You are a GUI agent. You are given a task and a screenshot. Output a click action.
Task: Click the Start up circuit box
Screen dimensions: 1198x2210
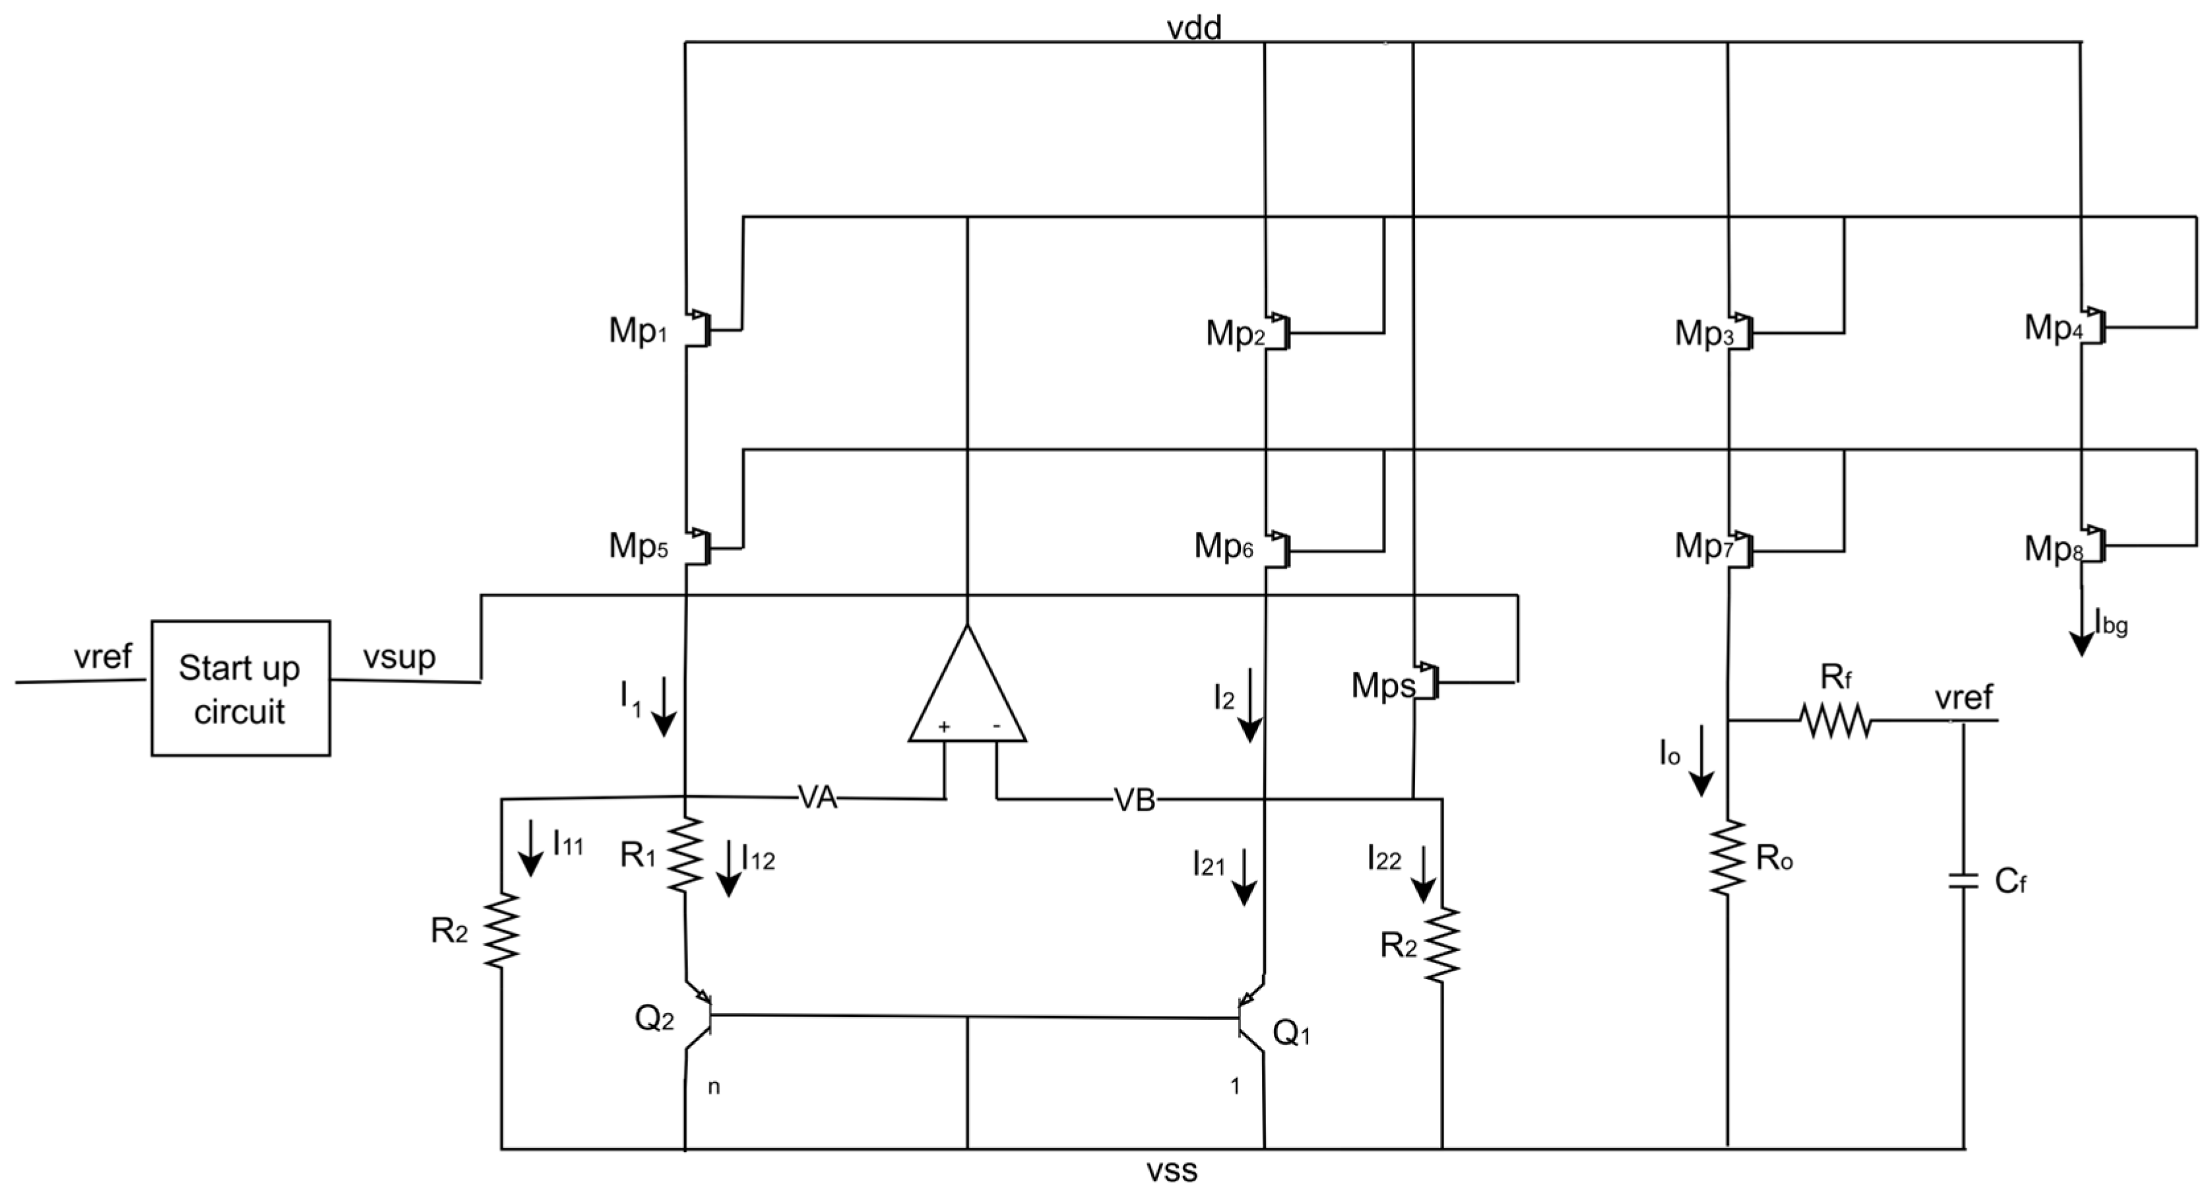point(240,688)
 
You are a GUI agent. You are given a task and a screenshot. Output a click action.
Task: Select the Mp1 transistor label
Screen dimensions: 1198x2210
point(637,331)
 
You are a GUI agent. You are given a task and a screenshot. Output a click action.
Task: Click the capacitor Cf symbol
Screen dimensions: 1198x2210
point(1963,881)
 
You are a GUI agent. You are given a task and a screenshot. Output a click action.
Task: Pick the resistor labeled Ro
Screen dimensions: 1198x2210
point(1727,858)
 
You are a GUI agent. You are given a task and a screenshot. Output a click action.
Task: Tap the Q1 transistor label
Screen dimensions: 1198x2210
point(1291,1034)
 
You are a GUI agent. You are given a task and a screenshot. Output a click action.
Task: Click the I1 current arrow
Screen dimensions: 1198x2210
point(663,706)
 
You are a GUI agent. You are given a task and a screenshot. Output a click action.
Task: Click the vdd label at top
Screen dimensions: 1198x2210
point(1194,28)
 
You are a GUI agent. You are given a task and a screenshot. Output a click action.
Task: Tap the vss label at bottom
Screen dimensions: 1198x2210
point(1172,1170)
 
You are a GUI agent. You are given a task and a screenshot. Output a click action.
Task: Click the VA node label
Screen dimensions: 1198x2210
point(817,798)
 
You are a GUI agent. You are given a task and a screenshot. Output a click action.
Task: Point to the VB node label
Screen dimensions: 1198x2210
point(1134,801)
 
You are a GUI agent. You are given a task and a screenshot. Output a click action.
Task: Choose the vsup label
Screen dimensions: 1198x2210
point(399,657)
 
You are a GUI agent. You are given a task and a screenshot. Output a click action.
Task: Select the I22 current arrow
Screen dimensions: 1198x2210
point(1423,874)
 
